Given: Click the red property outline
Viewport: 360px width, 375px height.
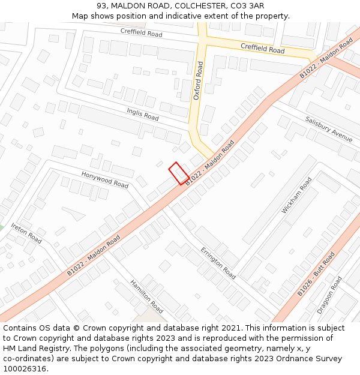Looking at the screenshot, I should pos(179,173).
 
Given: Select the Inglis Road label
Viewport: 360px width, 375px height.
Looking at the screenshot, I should pos(143,114).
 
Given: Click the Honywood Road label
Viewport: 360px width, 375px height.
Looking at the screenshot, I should pos(105,179).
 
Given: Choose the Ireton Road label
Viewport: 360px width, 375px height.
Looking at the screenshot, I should pos(26,233).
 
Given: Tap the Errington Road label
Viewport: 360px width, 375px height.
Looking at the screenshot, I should pos(218,263).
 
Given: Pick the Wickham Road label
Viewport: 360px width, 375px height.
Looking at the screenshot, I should pos(297,195).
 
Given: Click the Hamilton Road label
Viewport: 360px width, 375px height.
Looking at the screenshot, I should pos(146,296).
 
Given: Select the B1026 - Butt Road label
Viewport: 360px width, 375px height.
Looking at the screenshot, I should pos(316,274).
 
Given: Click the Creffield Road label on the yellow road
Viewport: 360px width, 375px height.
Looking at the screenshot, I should pos(263,48).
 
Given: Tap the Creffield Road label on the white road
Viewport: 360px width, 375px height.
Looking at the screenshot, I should pos(141,32).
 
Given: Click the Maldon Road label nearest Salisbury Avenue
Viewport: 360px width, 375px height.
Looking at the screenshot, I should pos(326,58).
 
